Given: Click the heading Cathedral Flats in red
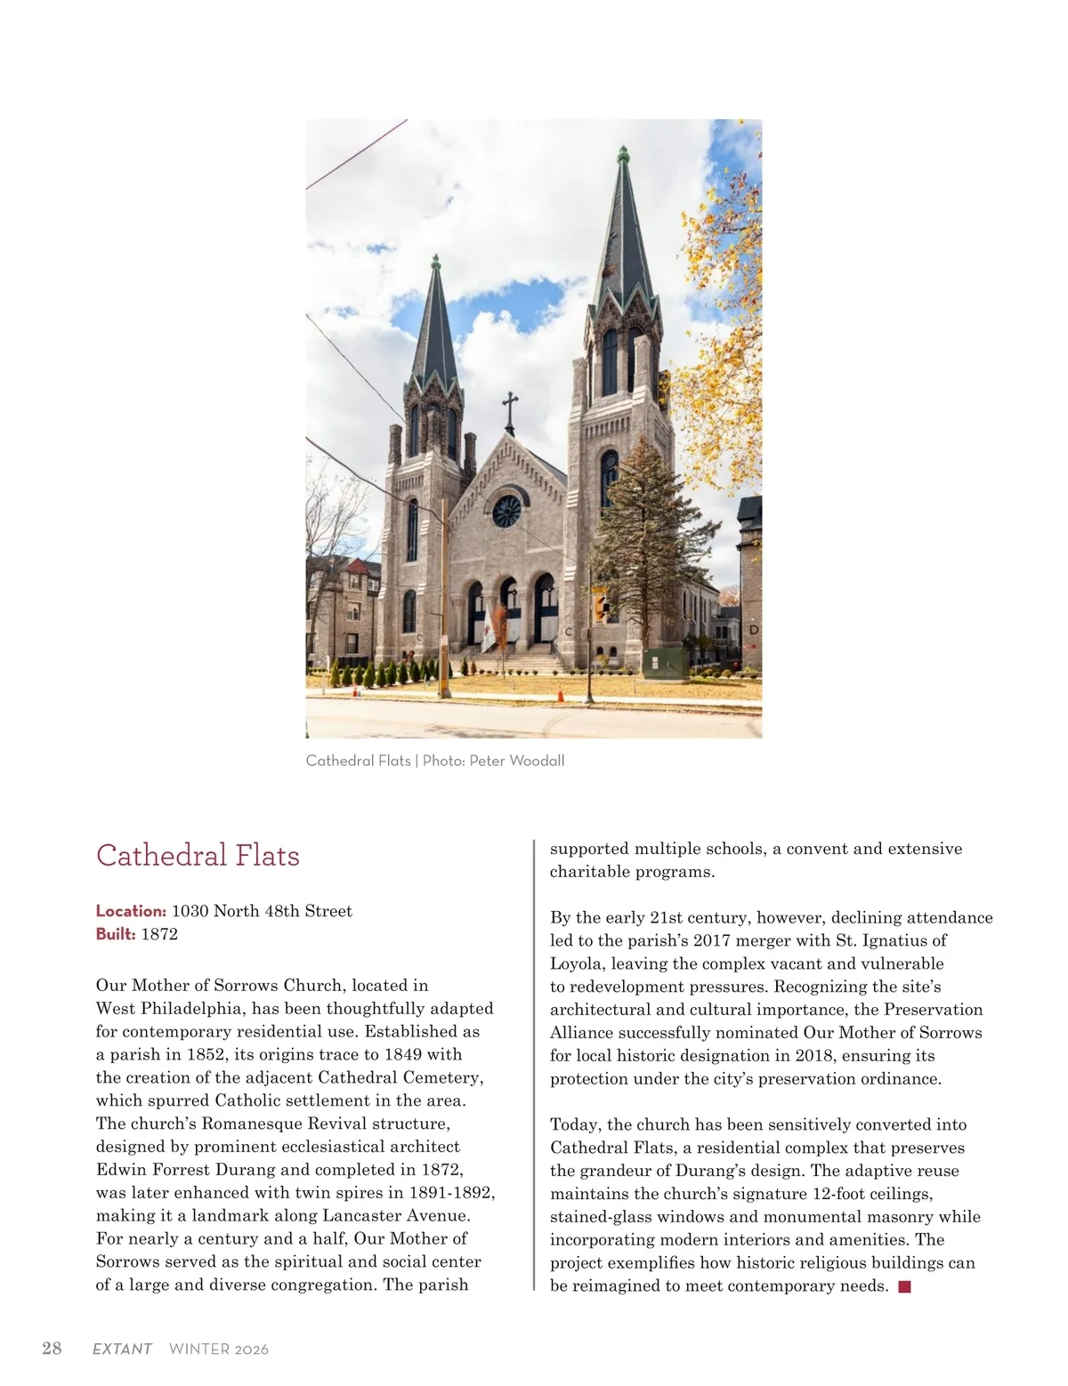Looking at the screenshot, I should coord(198,856).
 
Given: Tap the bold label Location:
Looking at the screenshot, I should coord(131,911).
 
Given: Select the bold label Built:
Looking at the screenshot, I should coord(116,934).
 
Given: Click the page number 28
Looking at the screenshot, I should coord(52,1348).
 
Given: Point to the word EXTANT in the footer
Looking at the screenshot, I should coord(122,1349).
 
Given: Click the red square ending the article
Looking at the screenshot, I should coord(904,1286).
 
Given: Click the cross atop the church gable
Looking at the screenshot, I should coord(510,410).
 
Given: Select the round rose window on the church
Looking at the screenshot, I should coord(506,511).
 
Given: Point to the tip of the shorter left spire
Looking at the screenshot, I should coord(435,261).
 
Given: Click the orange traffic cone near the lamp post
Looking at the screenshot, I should coord(561,694).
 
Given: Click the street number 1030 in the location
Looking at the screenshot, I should coord(190,911).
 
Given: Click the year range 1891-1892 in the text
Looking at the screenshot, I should coord(451,1193).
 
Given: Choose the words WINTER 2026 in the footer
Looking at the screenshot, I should coord(218,1349).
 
